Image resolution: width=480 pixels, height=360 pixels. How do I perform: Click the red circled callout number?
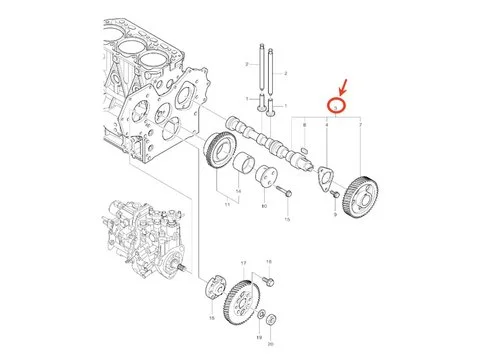coord(338,103)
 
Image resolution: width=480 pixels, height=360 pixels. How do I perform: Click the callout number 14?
coord(238,189)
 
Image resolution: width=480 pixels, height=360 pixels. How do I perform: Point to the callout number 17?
coord(243,262)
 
